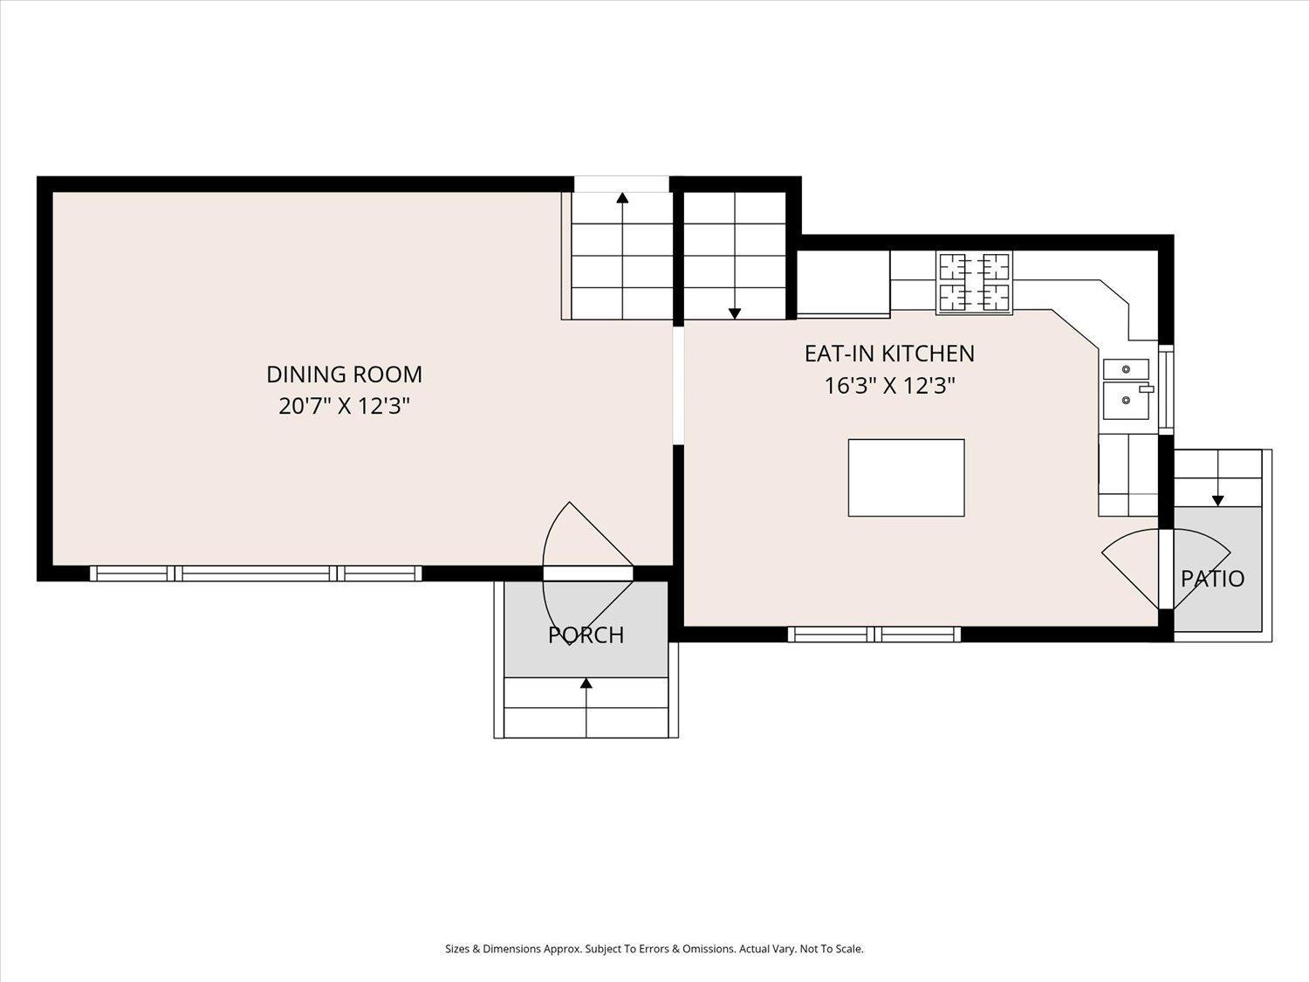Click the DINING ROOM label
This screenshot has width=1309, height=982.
[344, 374]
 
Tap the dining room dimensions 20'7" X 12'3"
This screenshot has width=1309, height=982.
[345, 407]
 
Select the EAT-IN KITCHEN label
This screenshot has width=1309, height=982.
[889, 354]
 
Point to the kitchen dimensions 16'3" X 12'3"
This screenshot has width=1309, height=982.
[889, 386]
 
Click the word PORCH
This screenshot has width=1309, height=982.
[586, 635]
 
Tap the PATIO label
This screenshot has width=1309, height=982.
[1212, 579]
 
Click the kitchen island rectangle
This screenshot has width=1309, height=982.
[906, 477]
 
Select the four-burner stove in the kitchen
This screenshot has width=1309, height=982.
[974, 282]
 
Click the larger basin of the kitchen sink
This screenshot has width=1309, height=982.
[1126, 401]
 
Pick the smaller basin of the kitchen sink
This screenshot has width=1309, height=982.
[1126, 369]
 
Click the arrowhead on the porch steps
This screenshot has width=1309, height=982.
[586, 683]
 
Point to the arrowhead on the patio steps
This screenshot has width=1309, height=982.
[1217, 501]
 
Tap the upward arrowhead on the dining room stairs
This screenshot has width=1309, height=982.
[622, 198]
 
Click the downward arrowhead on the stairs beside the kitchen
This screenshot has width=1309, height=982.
[735, 313]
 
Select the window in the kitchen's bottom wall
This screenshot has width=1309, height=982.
[874, 635]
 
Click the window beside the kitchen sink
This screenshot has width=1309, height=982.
[1166, 389]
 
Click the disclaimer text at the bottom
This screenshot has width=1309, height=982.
[654, 949]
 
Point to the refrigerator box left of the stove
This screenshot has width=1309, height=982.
[843, 282]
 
